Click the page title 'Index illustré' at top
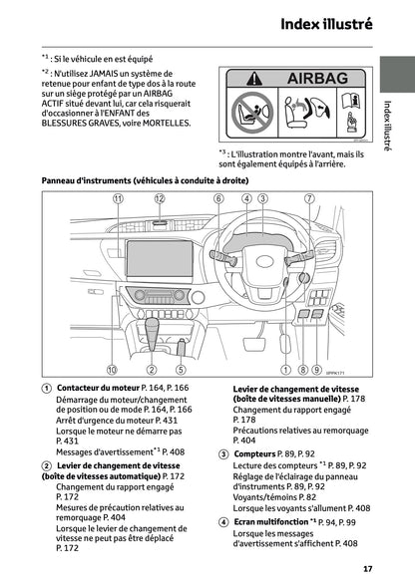(x=327, y=22)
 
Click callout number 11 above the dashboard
(x=118, y=199)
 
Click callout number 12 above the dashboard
(x=160, y=199)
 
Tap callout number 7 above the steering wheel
(x=309, y=199)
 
